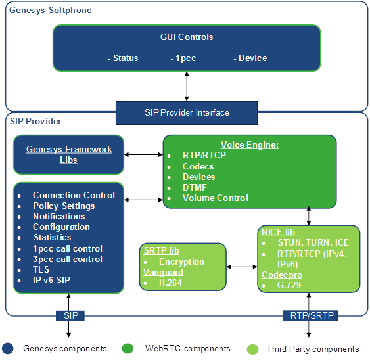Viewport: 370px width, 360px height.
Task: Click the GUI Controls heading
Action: pyautogui.click(x=187, y=37)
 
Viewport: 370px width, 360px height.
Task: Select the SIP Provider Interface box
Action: pyautogui.click(x=187, y=112)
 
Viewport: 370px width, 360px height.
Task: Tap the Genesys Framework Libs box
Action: pyautogui.click(x=68, y=154)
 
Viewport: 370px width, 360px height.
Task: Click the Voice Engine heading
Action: pyautogui.click(x=249, y=145)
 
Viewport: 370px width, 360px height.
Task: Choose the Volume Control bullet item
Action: pyautogui.click(x=215, y=198)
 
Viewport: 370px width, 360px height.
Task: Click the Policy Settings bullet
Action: pyautogui.click(x=64, y=206)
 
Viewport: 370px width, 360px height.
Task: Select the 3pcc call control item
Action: pyautogui.click(x=68, y=259)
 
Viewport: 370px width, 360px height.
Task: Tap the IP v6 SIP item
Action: pyautogui.click(x=57, y=280)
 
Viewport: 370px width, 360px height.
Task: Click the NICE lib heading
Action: pyautogui.click(x=278, y=233)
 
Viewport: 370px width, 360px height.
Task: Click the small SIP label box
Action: pyautogui.click(x=70, y=316)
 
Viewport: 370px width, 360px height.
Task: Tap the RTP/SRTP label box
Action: pyautogui.click(x=308, y=316)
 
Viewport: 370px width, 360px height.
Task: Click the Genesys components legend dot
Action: pyautogui.click(x=7, y=348)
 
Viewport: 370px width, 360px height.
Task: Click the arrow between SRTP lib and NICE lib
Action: pyautogui.click(x=242, y=267)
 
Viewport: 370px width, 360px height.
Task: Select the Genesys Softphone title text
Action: pyautogui.click(x=51, y=11)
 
